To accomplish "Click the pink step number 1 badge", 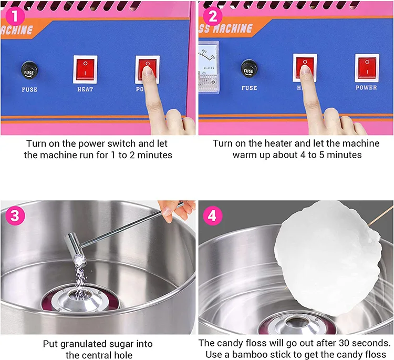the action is [x=15, y=16].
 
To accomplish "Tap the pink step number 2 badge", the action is [x=213, y=16].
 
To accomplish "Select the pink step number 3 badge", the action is [x=15, y=215].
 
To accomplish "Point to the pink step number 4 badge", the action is [x=213, y=215].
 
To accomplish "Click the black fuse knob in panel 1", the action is [x=29, y=70].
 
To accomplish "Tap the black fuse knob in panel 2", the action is [x=249, y=69].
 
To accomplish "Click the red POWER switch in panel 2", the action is [x=367, y=68].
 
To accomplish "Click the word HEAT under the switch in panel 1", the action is [x=85, y=89].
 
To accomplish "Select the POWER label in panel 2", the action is [x=366, y=87].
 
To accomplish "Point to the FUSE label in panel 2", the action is [x=249, y=88].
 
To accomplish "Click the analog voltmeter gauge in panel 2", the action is [x=209, y=67].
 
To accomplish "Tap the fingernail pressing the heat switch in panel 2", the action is [x=305, y=70].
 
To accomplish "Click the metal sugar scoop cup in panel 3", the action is [x=75, y=249].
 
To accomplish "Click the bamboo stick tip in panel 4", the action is [x=393, y=206].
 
